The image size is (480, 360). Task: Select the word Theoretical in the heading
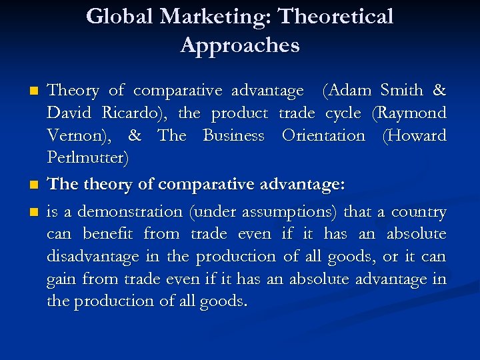point(337,16)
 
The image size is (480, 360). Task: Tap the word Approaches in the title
point(240,45)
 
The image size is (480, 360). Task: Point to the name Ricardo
point(130,113)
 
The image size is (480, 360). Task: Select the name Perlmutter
point(88,158)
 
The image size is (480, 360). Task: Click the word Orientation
point(323,135)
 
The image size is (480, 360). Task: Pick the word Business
point(233,135)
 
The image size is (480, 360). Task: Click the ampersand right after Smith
point(439,90)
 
